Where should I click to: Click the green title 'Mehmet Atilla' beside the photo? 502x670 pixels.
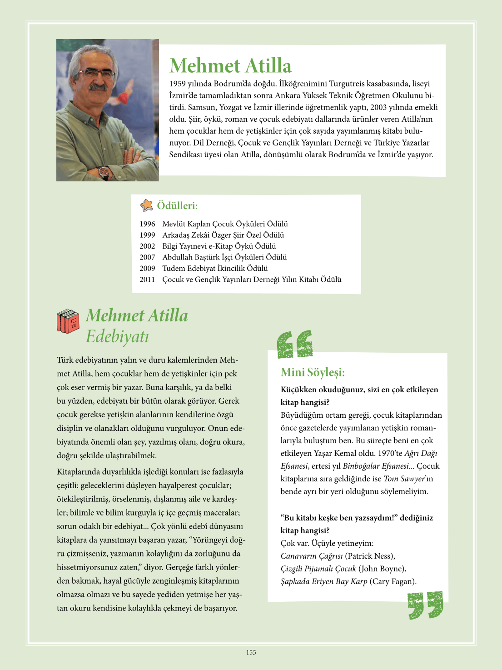coord(230,65)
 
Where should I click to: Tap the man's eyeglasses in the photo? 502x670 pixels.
coord(96,73)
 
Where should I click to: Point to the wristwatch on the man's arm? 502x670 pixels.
coord(104,172)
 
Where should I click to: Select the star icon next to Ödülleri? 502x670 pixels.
coord(147,205)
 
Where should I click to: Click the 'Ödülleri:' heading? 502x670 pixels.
coord(177,206)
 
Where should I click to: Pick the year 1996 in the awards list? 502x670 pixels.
coord(147,224)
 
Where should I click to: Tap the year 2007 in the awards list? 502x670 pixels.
coord(147,257)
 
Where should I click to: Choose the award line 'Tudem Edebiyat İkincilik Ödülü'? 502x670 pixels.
coord(215,269)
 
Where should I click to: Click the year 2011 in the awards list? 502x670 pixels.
coord(147,280)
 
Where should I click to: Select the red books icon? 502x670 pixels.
coord(68,321)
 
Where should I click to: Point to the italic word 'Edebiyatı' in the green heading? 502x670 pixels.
coord(117,337)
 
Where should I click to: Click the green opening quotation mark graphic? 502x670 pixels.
coord(295,345)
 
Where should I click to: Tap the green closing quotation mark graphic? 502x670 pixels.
coord(425,605)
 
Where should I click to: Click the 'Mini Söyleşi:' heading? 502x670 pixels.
coord(313,373)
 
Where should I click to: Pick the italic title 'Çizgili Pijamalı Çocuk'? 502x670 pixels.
coord(318,569)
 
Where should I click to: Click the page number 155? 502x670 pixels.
coord(251,652)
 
